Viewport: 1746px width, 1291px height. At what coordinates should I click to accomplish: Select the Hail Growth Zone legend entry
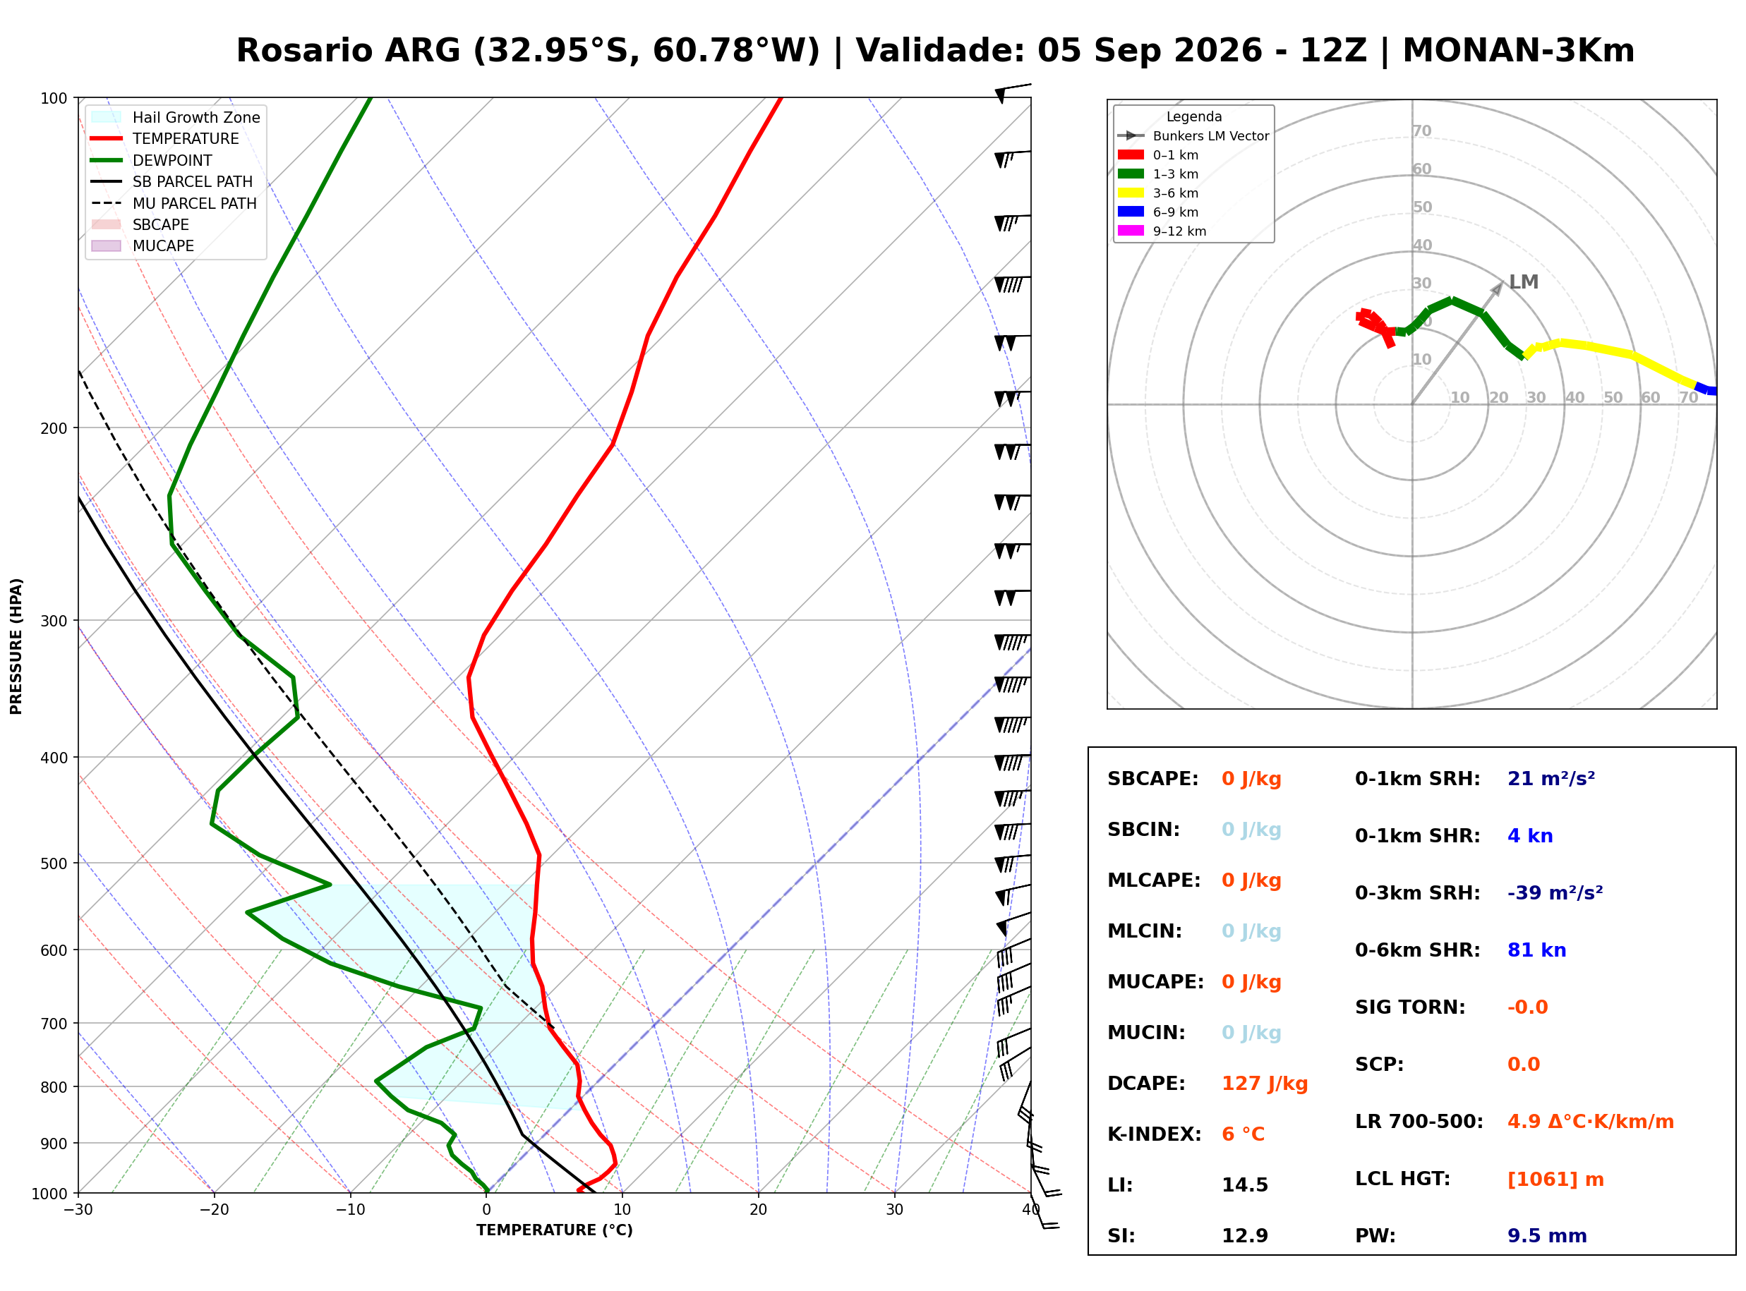tap(176, 117)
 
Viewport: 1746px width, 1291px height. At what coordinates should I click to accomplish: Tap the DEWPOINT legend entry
tap(152, 160)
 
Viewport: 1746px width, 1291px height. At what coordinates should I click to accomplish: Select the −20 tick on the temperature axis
tap(213, 1210)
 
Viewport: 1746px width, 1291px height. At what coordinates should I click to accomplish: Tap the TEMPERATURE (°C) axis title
tap(554, 1230)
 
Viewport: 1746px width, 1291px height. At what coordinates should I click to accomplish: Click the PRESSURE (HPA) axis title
tap(16, 646)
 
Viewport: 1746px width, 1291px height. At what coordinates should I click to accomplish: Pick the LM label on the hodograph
tap(1523, 282)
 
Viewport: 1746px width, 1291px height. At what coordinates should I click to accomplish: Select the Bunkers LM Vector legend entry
tap(1193, 136)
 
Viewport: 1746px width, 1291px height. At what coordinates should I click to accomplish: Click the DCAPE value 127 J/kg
tap(1265, 1084)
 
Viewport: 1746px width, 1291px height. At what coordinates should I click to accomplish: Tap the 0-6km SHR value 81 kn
tap(1536, 950)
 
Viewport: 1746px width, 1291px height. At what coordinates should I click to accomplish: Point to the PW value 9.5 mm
tap(1547, 1236)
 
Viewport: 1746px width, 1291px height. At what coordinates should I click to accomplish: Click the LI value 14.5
tap(1245, 1185)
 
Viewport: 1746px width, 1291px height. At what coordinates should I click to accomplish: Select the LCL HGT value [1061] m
tap(1555, 1180)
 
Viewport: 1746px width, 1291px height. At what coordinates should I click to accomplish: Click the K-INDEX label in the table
tap(1155, 1134)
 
